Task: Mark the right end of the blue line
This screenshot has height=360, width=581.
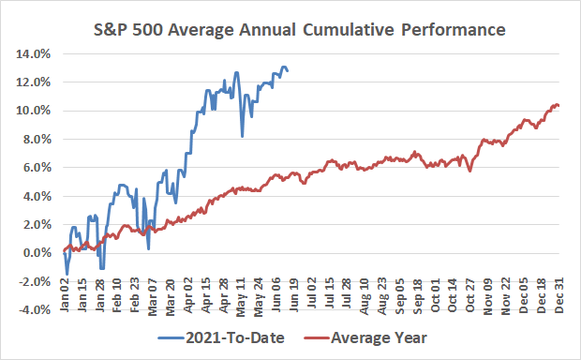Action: pyautogui.click(x=287, y=70)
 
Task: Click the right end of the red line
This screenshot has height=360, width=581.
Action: pyautogui.click(x=559, y=106)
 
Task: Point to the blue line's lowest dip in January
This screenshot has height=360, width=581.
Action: pyautogui.click(x=67, y=274)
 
